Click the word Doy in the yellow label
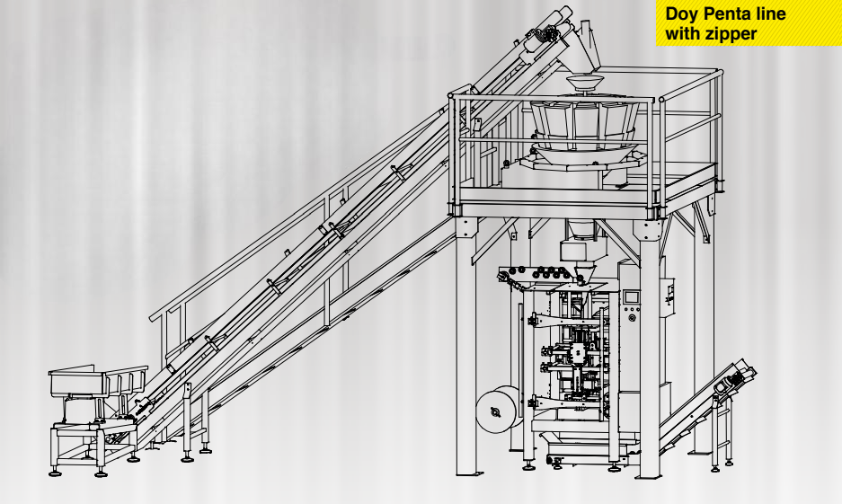click(680, 14)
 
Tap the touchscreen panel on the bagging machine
click(632, 296)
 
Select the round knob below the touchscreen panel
click(632, 318)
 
